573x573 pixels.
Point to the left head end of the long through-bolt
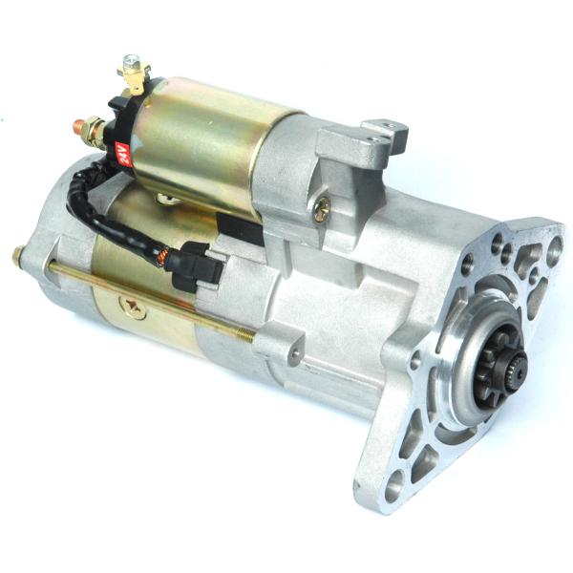click(19, 256)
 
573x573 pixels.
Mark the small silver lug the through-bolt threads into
click(277, 344)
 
